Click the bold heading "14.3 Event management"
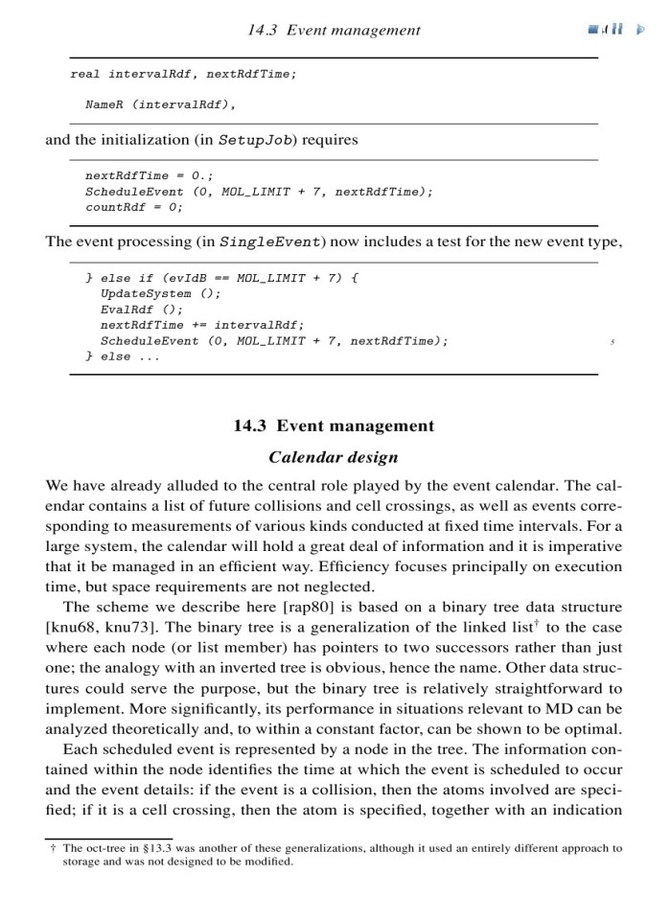click(334, 425)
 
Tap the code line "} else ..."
click(123, 356)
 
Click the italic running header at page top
click(333, 30)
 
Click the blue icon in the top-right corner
click(603, 30)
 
